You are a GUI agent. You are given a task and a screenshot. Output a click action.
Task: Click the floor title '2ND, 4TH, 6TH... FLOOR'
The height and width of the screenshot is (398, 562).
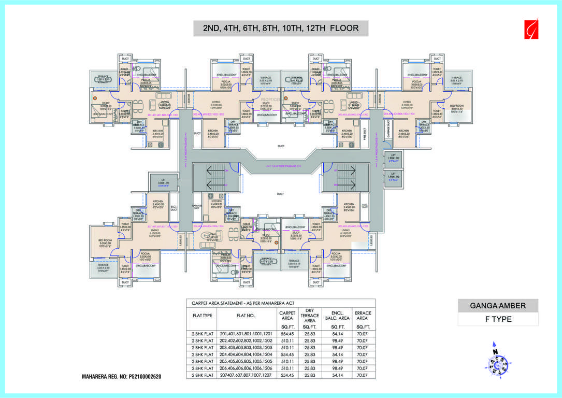(280, 28)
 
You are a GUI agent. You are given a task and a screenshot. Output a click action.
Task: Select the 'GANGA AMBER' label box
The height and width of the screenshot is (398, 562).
(498, 306)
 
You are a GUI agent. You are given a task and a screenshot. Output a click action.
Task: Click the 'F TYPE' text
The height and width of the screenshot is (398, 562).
(498, 319)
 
